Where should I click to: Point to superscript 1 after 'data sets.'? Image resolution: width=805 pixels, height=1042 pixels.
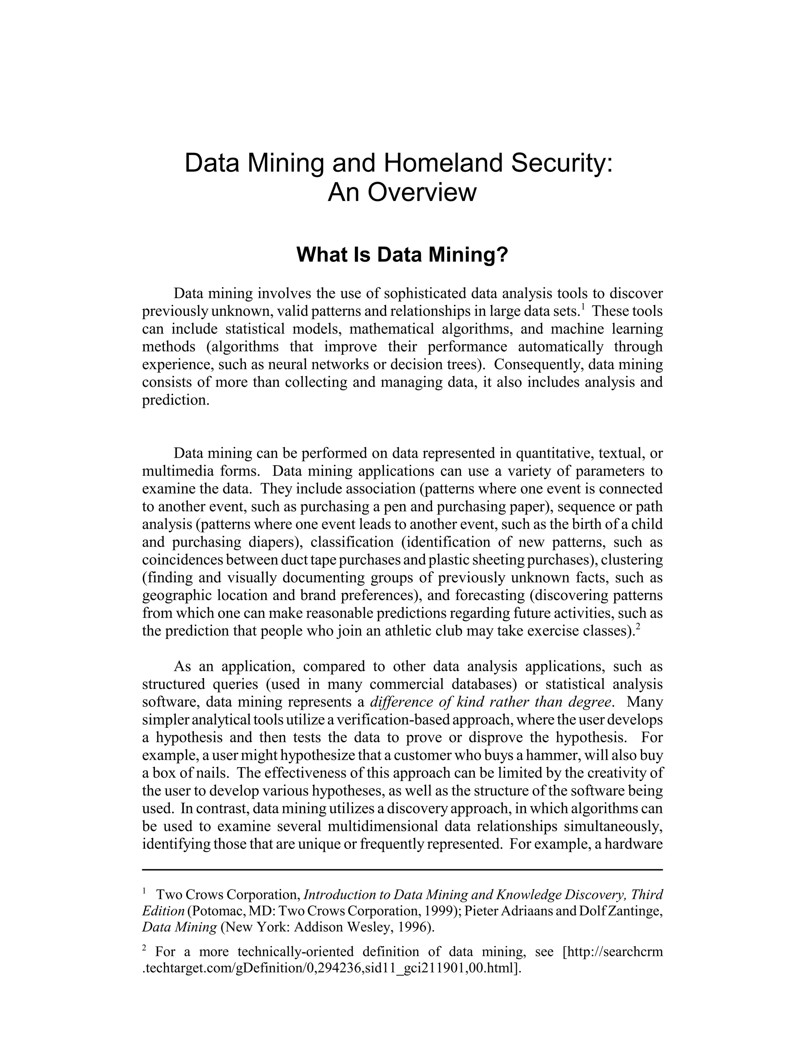[582, 308]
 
